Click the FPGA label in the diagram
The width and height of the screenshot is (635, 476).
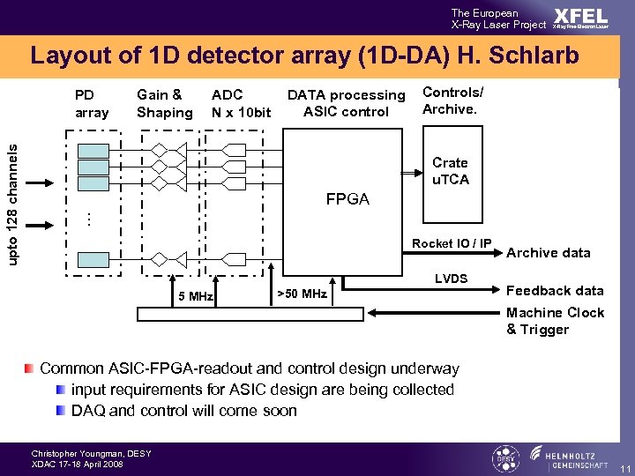point(347,199)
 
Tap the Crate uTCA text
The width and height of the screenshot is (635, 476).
point(450,171)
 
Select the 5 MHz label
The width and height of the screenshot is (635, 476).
point(196,296)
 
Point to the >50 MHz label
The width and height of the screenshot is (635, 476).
point(302,294)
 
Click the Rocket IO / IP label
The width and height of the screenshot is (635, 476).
point(452,244)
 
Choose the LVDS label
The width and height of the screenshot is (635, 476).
point(451,279)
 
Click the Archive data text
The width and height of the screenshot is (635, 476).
point(549,253)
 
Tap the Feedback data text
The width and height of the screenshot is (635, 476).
point(555,290)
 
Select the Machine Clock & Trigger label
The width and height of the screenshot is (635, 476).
point(555,321)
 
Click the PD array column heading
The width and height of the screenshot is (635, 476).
point(92,103)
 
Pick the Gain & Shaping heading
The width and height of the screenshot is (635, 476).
point(164,103)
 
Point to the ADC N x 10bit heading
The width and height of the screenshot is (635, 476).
point(241,103)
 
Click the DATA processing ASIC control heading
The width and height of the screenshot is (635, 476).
point(346,103)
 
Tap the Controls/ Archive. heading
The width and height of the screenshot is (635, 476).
point(453,100)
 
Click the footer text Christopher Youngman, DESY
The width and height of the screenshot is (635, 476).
point(92,454)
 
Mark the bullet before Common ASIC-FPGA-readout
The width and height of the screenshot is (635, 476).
point(30,368)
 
